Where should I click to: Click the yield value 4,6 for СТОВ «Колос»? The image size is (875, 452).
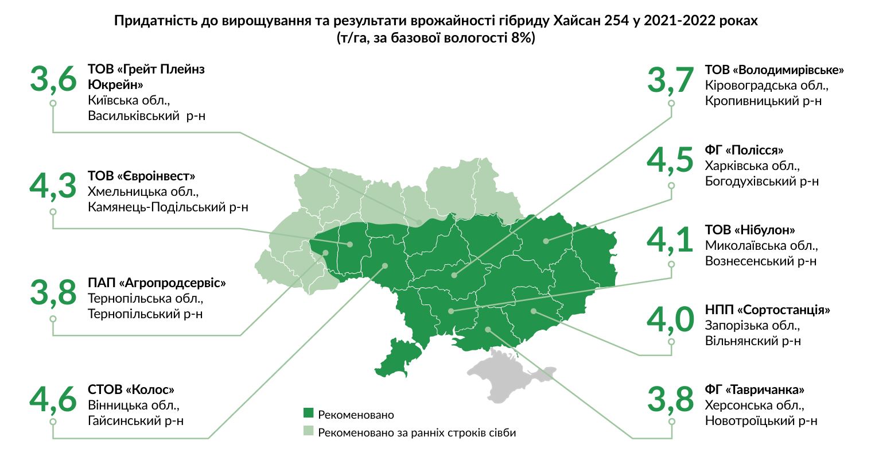click(53, 399)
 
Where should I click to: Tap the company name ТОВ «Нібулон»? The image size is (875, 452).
click(750, 230)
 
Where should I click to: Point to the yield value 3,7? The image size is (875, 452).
click(670, 80)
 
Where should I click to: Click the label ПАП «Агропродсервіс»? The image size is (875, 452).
click(157, 283)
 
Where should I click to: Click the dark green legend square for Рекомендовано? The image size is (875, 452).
click(309, 414)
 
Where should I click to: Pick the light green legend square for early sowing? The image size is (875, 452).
click(309, 431)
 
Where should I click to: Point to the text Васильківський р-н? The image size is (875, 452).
click(147, 115)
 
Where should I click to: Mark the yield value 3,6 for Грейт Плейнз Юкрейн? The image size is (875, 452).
click(53, 80)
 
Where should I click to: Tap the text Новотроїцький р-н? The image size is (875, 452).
click(761, 420)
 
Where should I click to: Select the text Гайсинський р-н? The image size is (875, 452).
click(136, 420)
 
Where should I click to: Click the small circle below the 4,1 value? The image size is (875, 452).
click(671, 264)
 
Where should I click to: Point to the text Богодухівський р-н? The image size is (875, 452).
click(761, 181)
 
